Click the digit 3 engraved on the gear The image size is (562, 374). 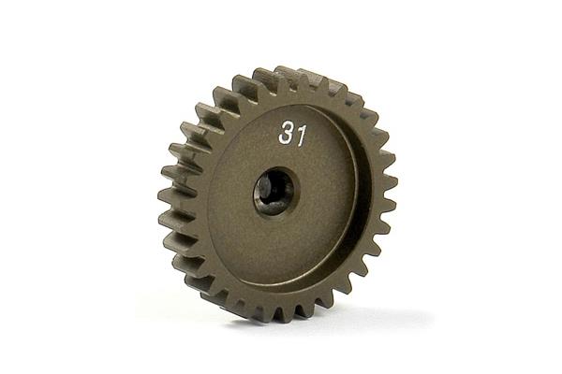286,132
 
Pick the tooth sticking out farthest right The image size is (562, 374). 390,181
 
